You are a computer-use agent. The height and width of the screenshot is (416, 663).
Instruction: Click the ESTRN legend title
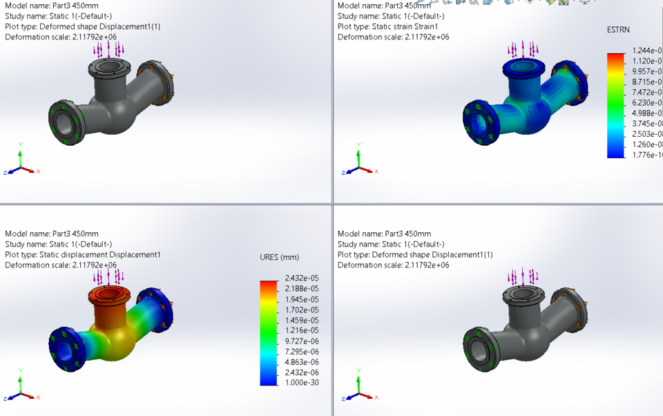click(x=618, y=30)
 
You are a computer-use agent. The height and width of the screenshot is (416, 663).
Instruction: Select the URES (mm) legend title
click(x=279, y=257)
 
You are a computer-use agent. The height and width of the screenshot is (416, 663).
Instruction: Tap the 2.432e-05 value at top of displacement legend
click(x=301, y=278)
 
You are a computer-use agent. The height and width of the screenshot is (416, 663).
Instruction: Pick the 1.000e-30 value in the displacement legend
click(x=301, y=383)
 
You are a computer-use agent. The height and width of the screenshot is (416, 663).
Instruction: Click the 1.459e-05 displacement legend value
click(x=301, y=320)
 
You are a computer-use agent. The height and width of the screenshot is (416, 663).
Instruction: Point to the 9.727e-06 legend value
click(x=301, y=341)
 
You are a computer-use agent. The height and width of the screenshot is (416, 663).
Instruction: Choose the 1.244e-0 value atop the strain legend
click(x=646, y=50)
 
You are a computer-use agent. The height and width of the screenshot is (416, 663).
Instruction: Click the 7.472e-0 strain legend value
click(x=646, y=93)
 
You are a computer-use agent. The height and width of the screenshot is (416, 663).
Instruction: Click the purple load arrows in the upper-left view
click(x=108, y=49)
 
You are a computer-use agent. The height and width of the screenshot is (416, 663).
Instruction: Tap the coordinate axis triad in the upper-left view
click(x=21, y=166)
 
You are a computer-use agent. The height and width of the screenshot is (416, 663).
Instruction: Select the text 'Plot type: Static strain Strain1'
click(x=387, y=26)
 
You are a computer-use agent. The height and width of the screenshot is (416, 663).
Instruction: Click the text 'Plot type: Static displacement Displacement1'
click(x=83, y=254)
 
